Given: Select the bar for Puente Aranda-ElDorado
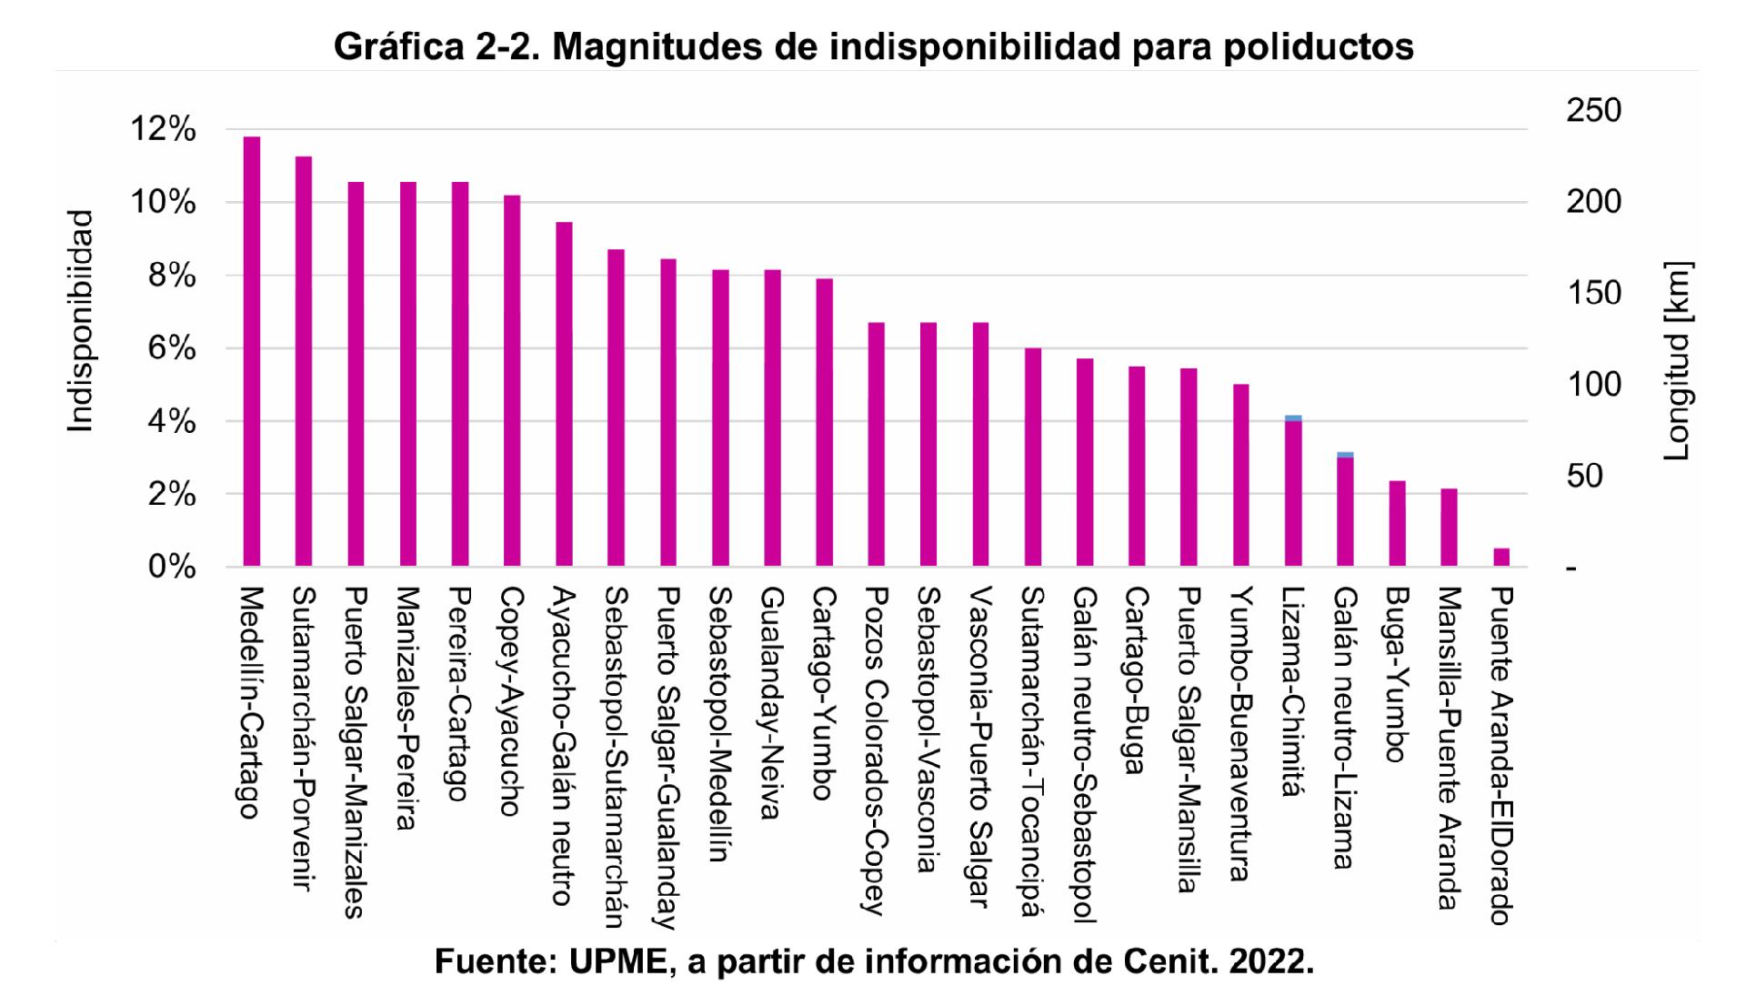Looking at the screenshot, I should [1501, 557].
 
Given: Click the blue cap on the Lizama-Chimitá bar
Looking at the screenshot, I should [1293, 418].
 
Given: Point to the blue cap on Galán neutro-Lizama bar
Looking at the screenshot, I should [1345, 455].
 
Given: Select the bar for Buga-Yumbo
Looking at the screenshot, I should [1397, 523].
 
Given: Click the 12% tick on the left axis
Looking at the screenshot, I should [164, 129].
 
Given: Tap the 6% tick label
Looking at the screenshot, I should [172, 348].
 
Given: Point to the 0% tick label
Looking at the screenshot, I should [172, 567].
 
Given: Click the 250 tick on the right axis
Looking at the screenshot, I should [1593, 110].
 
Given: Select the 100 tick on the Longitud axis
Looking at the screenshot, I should [1593, 384].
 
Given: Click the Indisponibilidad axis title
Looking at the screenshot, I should [81, 321].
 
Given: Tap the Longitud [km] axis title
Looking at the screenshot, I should [1678, 361].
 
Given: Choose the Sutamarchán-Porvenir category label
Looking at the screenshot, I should [304, 738].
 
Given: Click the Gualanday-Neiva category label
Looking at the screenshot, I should [772, 702].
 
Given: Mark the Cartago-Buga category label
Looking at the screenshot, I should [1137, 679].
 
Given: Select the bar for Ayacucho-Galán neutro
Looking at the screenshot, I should [564, 394].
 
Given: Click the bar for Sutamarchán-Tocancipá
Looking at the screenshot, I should [1033, 457].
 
